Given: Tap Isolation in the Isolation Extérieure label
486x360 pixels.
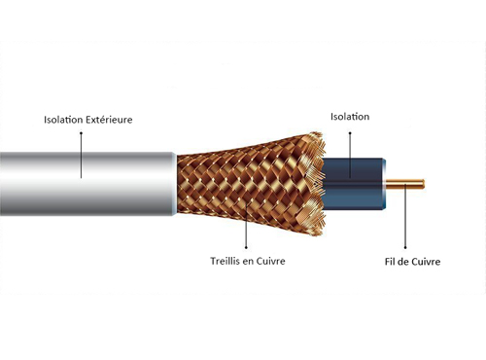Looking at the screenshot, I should pos(62,120).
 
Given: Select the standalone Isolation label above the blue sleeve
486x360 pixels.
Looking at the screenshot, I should pos(349,117).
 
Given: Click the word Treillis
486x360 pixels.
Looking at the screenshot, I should pos(226,261).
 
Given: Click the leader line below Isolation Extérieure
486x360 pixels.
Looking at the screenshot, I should pos(81,152).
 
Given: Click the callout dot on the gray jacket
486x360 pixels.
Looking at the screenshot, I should pos(81,178).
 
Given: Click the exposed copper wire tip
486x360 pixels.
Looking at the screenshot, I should pos(413,182).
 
